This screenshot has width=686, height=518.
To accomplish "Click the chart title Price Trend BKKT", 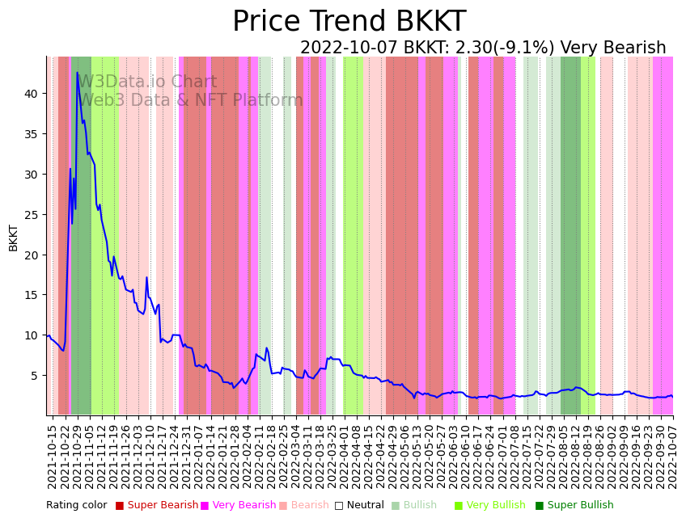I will (349, 22).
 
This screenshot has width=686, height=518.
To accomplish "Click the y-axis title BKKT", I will (13, 238).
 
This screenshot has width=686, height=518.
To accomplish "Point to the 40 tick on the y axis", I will (31, 94).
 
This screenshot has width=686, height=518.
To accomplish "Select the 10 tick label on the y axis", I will (31, 335).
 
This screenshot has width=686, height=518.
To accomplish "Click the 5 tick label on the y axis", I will (34, 376).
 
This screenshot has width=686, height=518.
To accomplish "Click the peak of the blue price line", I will (78, 73).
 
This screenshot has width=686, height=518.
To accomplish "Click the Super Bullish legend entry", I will (580, 505).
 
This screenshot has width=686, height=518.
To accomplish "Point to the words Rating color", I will (76, 505).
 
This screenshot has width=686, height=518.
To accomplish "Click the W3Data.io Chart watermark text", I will (147, 82).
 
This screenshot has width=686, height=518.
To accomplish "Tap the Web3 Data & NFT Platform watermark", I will (191, 100).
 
